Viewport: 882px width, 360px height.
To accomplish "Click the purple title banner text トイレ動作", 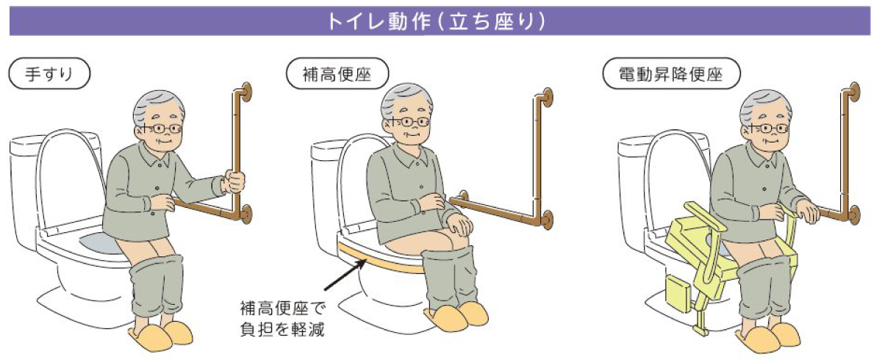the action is pyautogui.click(x=379, y=21).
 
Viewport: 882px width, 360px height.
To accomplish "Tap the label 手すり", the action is pyautogui.click(x=49, y=73).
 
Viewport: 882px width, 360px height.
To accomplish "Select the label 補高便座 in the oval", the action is pyautogui.click(x=337, y=73).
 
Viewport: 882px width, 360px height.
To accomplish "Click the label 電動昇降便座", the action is pyautogui.click(x=671, y=73).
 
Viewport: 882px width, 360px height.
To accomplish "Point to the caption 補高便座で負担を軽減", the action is pyautogui.click(x=283, y=319).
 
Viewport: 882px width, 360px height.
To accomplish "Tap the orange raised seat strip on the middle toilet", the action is pyautogui.click(x=380, y=261).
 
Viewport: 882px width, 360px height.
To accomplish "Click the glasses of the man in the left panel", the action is pyautogui.click(x=161, y=129).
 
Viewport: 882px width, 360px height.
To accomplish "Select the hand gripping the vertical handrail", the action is pyautogui.click(x=234, y=181).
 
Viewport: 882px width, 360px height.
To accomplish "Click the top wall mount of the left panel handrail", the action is pyautogui.click(x=245, y=93).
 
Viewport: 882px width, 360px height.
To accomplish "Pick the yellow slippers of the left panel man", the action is pyautogui.click(x=162, y=336).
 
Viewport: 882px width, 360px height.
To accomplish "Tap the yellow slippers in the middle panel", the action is pyautogui.click(x=456, y=317).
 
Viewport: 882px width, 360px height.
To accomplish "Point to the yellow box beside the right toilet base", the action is pyautogui.click(x=678, y=293).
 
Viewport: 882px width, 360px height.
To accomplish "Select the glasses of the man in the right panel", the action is pyautogui.click(x=768, y=129).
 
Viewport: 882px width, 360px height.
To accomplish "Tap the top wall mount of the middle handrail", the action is pyautogui.click(x=548, y=98).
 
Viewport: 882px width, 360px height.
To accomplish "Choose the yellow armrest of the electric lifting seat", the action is pyautogui.click(x=705, y=215).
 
